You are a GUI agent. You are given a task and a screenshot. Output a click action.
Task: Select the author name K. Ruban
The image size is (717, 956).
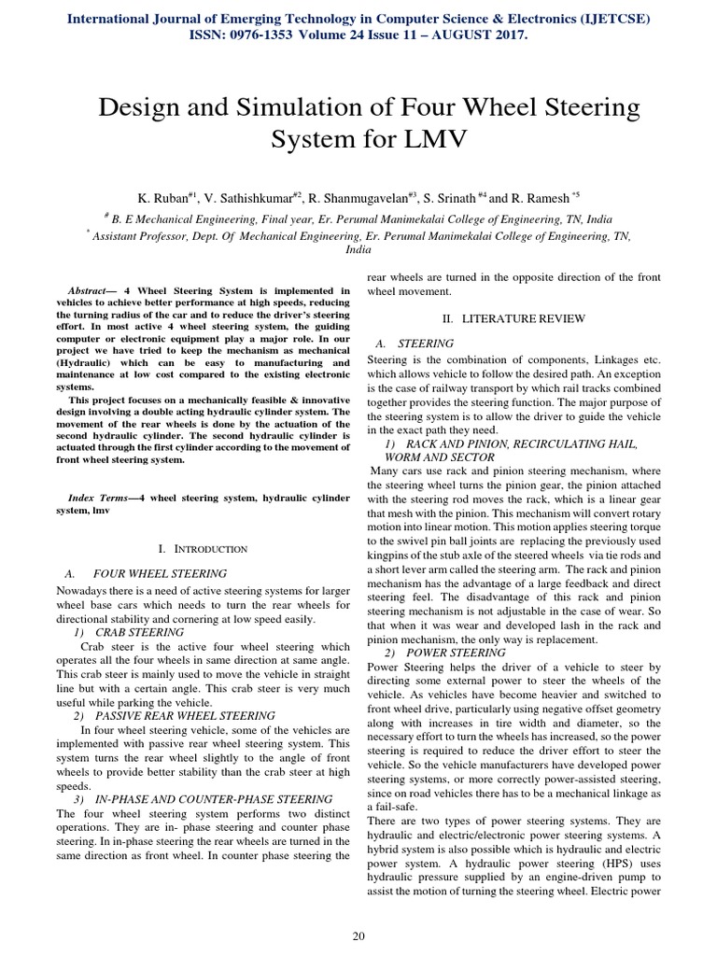(164, 199)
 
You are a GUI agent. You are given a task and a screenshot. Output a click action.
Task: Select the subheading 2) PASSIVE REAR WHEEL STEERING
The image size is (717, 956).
(174, 715)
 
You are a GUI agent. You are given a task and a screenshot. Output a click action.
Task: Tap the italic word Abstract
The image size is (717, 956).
(93, 290)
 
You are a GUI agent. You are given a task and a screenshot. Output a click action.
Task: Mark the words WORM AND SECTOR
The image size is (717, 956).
(439, 458)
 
